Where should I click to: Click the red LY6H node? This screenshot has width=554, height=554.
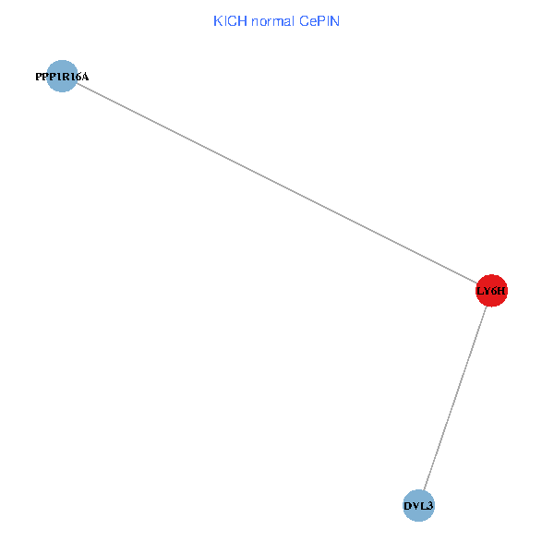[x=491, y=292]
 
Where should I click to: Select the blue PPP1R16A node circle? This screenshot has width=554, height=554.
[x=61, y=77]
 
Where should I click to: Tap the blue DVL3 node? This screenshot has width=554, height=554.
[x=418, y=506]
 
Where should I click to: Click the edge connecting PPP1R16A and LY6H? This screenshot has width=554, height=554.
[x=277, y=185]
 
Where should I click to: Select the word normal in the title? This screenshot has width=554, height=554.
[x=273, y=20]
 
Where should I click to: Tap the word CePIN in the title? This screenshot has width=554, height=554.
[x=319, y=20]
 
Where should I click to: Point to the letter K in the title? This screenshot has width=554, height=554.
[x=218, y=20]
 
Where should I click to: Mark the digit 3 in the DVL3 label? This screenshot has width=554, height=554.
[x=430, y=506]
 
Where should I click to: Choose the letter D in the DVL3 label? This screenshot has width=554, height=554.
[x=407, y=506]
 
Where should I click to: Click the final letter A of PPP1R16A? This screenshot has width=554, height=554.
[x=85, y=77]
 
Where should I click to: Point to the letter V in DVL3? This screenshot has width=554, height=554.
[x=415, y=506]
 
